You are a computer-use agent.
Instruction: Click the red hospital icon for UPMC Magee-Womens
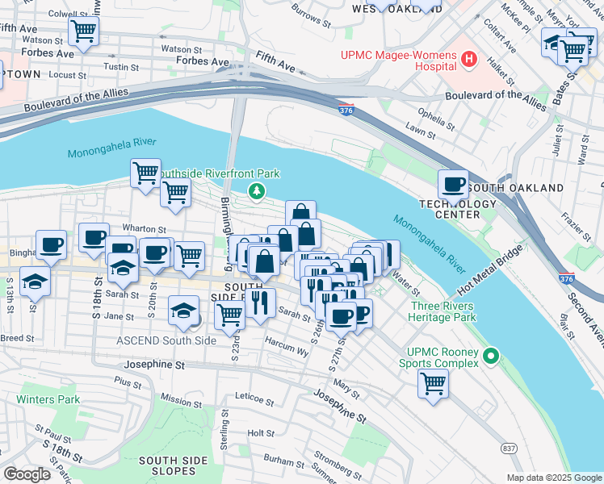coord(469,59)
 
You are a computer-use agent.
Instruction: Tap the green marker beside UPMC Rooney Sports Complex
coord(490,356)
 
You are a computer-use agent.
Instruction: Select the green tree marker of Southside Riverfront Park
coord(256,191)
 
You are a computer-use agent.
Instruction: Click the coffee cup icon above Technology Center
coord(453,185)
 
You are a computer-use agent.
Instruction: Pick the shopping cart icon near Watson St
coord(83,32)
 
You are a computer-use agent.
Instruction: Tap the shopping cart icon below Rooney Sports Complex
coord(434,384)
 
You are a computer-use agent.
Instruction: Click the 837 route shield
coord(509,448)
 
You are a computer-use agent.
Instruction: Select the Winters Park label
coord(48,399)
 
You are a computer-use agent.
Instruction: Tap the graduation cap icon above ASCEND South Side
coord(184,311)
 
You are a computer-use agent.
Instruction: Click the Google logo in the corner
coord(27,474)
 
